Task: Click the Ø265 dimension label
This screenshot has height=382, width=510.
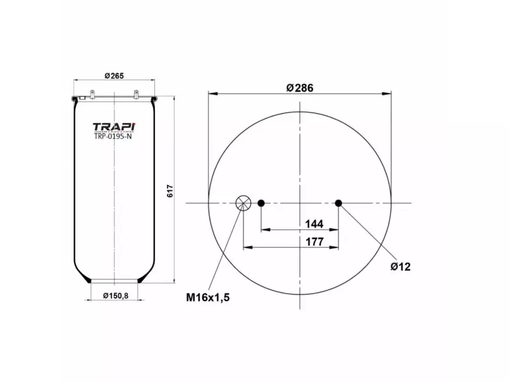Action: (113, 76)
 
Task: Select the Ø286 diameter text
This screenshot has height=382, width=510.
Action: (300, 88)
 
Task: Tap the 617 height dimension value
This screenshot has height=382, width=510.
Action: (170, 190)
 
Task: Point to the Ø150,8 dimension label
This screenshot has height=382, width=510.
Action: (115, 294)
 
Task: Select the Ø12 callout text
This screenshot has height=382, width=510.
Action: (400, 266)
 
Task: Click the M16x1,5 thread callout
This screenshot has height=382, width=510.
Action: (207, 297)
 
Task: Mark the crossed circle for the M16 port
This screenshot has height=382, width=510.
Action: (243, 203)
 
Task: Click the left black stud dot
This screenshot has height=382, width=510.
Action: (261, 203)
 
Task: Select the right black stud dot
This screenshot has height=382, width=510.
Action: (339, 203)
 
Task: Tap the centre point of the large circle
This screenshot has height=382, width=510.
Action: (300, 203)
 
